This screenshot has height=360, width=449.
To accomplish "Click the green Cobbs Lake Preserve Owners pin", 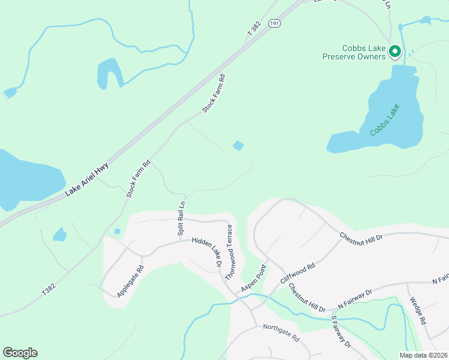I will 394,53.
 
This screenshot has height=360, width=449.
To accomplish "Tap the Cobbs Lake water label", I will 385,120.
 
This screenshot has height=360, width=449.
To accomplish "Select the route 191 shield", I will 274,23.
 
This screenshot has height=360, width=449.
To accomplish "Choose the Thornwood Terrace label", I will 229,252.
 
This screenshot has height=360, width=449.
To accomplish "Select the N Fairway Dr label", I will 355,298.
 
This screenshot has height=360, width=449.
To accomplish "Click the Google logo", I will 20,353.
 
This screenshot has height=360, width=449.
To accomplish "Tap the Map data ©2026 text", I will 424,355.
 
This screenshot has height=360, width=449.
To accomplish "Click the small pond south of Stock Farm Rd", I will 238,145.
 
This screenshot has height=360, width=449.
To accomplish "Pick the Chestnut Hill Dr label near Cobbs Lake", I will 361,237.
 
